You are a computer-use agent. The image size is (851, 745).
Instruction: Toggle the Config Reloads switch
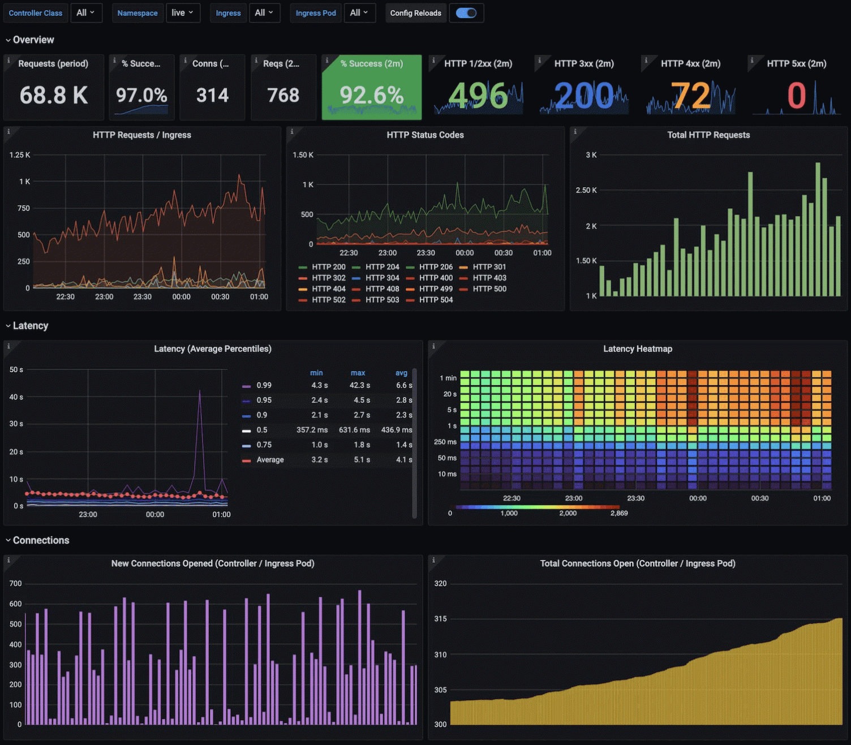point(466,13)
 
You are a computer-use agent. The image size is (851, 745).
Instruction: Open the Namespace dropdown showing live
point(183,13)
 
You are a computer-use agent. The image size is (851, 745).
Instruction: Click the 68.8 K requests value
point(54,95)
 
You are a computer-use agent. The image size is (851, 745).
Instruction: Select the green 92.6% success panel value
point(371,95)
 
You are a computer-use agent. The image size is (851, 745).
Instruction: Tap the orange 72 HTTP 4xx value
point(690,95)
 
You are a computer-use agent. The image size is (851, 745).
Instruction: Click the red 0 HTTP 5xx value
point(796,95)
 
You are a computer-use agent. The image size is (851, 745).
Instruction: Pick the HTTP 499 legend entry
point(436,289)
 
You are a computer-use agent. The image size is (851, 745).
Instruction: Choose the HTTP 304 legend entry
point(382,278)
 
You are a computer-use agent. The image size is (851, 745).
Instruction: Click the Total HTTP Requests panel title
point(708,135)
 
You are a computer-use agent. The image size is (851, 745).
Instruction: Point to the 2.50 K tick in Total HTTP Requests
point(586,191)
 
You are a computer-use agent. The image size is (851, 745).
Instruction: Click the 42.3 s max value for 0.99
point(360,385)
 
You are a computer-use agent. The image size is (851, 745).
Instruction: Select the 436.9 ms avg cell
point(397,430)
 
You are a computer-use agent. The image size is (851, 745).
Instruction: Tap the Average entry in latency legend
point(270,460)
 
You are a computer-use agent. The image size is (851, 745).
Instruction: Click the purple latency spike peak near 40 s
point(200,391)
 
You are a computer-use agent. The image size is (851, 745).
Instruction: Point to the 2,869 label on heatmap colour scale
point(619,513)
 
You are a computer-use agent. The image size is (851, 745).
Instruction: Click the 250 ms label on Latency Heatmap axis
point(445,442)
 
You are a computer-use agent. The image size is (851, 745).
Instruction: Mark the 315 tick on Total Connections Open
point(440,619)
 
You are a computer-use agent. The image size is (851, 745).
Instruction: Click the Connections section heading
point(41,540)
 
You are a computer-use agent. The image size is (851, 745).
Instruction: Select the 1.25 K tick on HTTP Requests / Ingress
point(20,155)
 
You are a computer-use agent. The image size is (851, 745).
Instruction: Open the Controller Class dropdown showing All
point(86,13)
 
